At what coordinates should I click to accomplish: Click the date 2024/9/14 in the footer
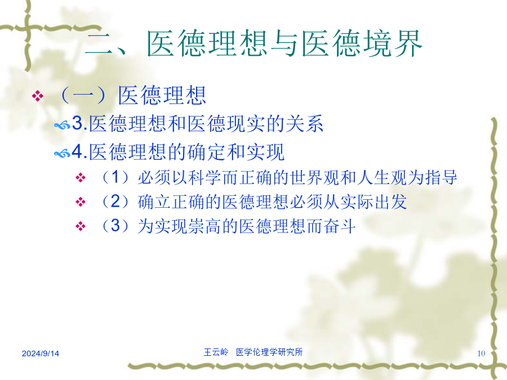click(41, 353)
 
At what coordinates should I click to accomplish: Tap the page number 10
click(481, 353)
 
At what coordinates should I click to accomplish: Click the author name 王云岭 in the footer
click(216, 352)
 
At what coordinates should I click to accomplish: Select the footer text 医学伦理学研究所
click(269, 352)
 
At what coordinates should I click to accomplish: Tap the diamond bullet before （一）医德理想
click(38, 96)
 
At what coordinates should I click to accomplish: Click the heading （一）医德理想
click(133, 95)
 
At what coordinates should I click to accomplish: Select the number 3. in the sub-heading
click(79, 123)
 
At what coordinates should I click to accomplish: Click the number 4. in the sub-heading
click(79, 151)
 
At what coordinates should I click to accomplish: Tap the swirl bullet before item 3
click(62, 125)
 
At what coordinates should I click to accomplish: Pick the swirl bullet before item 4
click(62, 153)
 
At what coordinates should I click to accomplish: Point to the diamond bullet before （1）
click(80, 177)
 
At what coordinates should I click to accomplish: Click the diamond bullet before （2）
click(80, 202)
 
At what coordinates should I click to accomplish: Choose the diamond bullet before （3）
click(80, 226)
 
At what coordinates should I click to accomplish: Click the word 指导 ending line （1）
click(441, 177)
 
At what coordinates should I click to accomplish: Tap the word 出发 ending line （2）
click(390, 202)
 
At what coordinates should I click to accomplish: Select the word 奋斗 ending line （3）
click(340, 226)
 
